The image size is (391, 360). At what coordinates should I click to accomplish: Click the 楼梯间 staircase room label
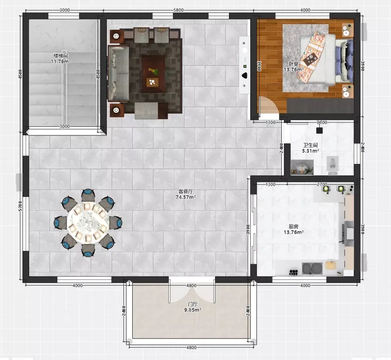click(x=60, y=56)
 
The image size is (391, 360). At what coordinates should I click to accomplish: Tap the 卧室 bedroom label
click(x=293, y=64)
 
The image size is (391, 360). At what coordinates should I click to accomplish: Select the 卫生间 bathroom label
click(x=310, y=145)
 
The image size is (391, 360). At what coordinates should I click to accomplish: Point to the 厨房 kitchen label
click(x=293, y=226)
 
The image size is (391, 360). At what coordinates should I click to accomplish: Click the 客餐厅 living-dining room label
click(x=185, y=191)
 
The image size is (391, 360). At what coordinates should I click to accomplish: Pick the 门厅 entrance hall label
click(x=193, y=304)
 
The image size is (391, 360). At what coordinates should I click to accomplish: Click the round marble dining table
click(x=88, y=222)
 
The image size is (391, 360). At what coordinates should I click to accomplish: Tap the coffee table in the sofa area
click(x=153, y=74)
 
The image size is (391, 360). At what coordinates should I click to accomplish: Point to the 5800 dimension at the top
click(x=179, y=10)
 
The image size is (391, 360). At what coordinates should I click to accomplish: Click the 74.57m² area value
click(x=185, y=197)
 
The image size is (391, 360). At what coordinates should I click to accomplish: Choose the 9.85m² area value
click(x=193, y=310)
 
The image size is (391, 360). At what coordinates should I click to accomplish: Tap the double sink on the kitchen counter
click(x=312, y=269)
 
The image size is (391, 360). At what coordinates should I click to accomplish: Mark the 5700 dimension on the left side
click(x=21, y=206)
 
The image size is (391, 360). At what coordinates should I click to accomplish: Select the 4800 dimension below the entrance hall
click(x=191, y=348)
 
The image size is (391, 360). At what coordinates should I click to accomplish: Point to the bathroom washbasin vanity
click(x=302, y=167)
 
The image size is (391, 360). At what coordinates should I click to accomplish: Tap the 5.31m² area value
click(x=310, y=151)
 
